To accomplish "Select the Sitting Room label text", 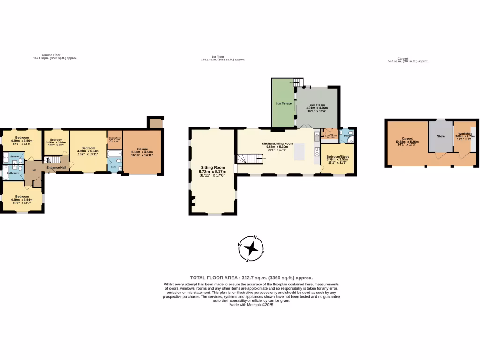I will tap(213, 167).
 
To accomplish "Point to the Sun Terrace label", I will tap(284, 103).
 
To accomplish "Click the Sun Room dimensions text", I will tap(316, 109).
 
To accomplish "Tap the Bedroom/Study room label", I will tap(337, 156).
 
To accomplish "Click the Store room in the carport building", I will tap(441, 137).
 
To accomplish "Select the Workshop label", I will tap(465, 134).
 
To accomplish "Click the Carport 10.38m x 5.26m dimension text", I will tap(407, 142).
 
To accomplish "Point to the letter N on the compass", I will tap(255, 237).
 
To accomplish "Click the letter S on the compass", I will tap(247, 260).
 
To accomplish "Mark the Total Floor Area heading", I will tap(251, 277).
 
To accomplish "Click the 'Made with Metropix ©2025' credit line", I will tap(251, 305).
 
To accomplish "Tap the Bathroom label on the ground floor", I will tap(13, 173).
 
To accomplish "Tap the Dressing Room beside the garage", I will tap(114, 140).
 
